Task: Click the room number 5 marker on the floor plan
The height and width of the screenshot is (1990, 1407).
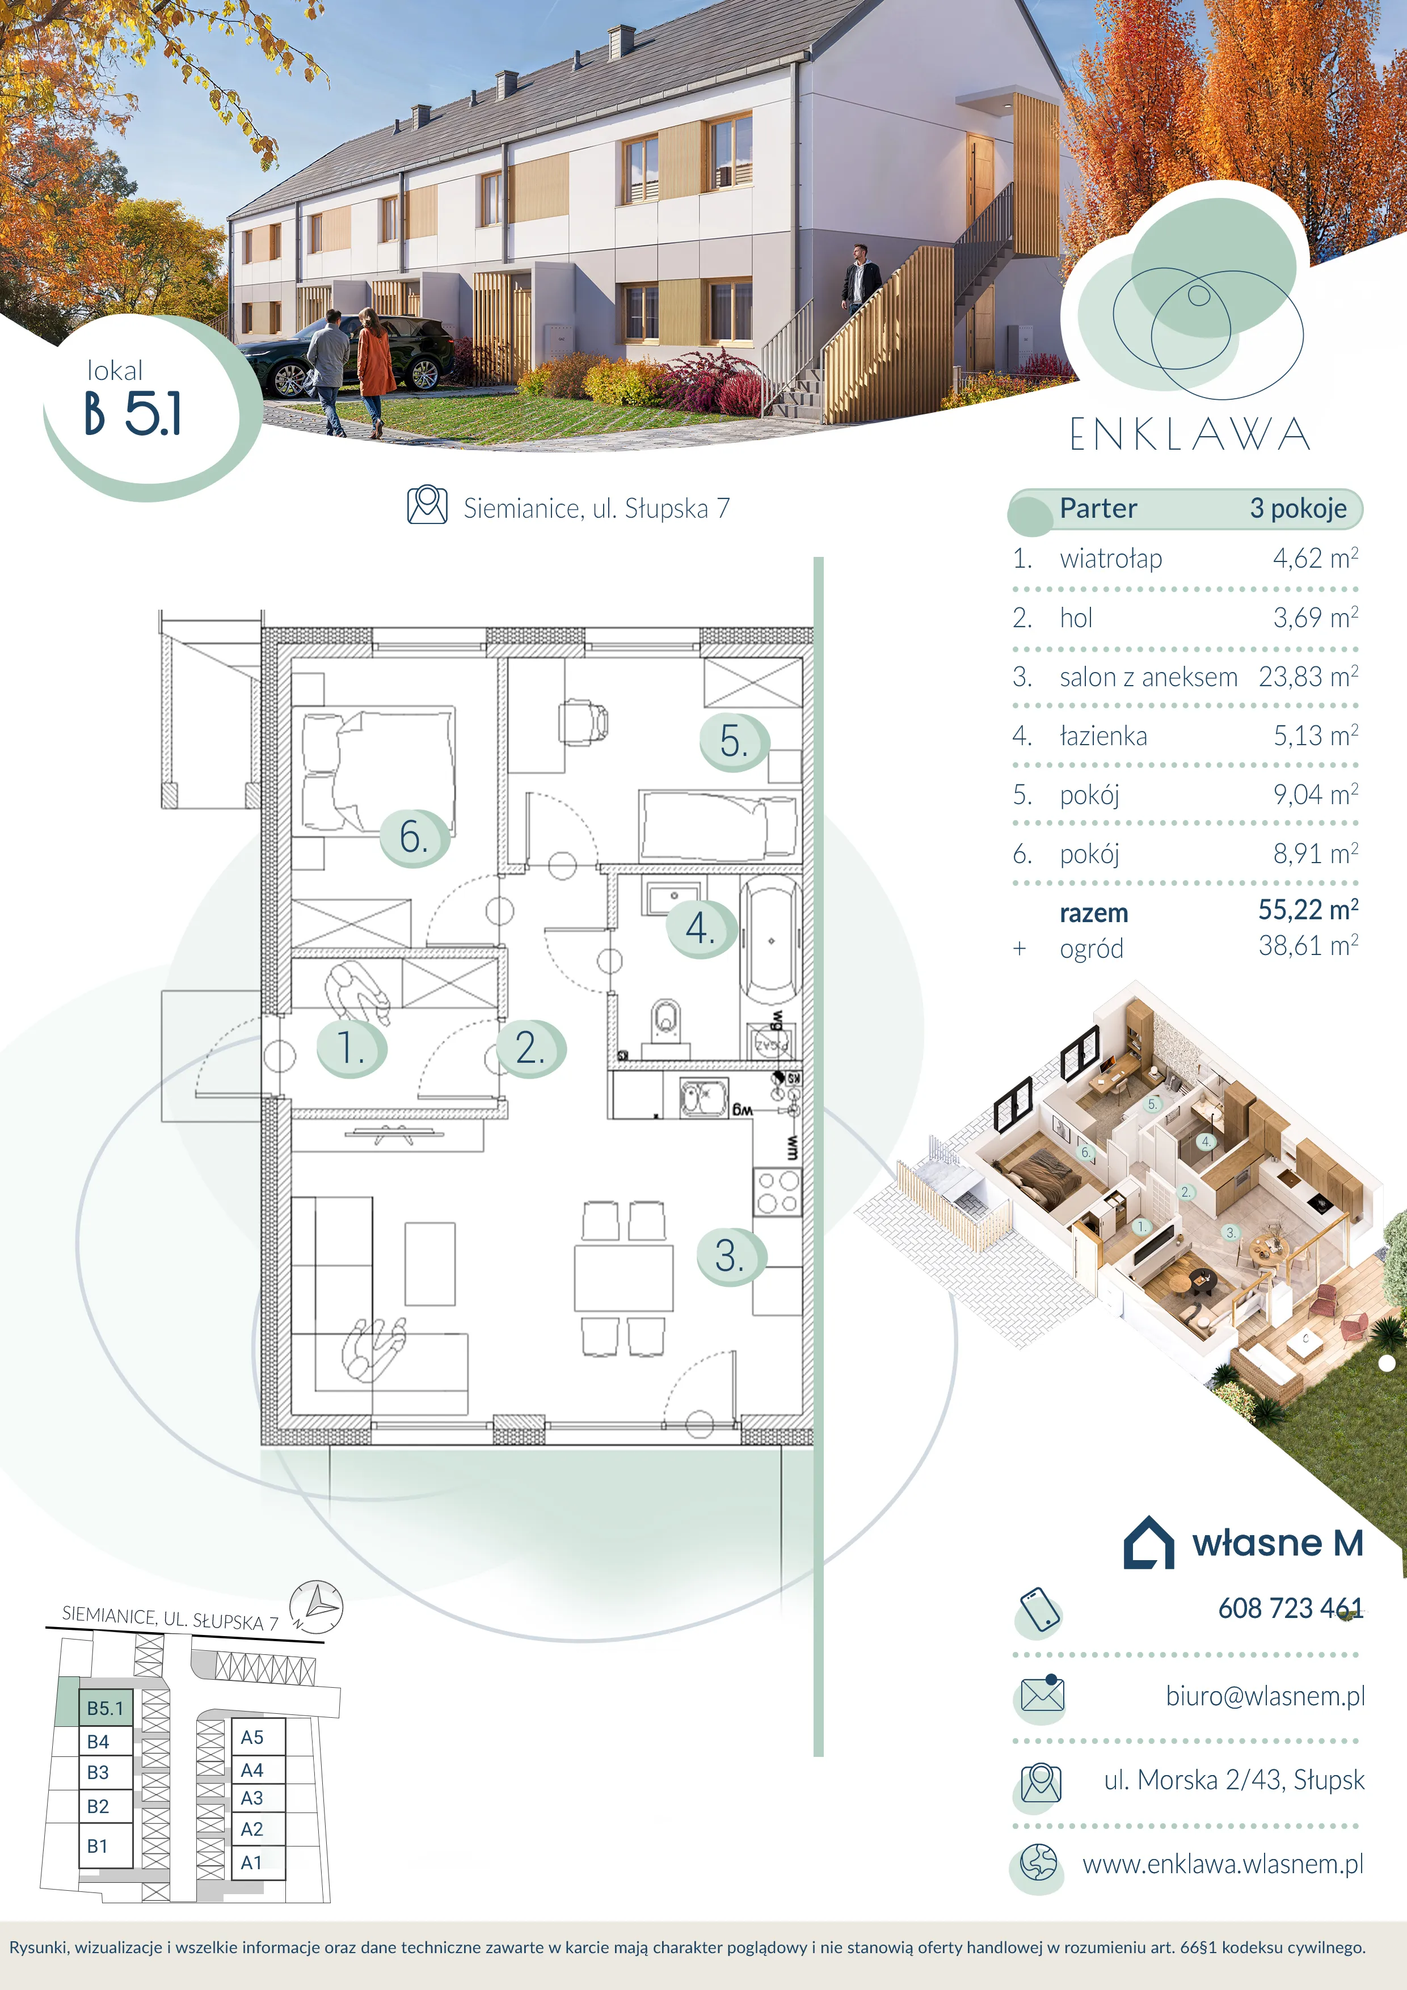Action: pos(734,742)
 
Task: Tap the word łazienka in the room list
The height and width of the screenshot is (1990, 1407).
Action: pos(1103,736)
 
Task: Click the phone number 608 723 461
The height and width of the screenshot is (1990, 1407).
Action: pos(1291,1608)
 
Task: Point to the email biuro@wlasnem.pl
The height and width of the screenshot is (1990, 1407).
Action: pos(1265,1696)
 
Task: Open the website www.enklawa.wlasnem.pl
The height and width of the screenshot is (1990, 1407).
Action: pos(1223,1864)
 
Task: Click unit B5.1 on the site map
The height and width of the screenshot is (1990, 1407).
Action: pos(106,1708)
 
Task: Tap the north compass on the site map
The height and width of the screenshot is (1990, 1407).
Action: pos(317,1605)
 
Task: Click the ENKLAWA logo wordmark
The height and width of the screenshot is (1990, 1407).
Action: pos(1189,434)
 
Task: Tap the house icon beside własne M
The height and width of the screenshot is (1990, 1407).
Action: pos(1149,1542)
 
